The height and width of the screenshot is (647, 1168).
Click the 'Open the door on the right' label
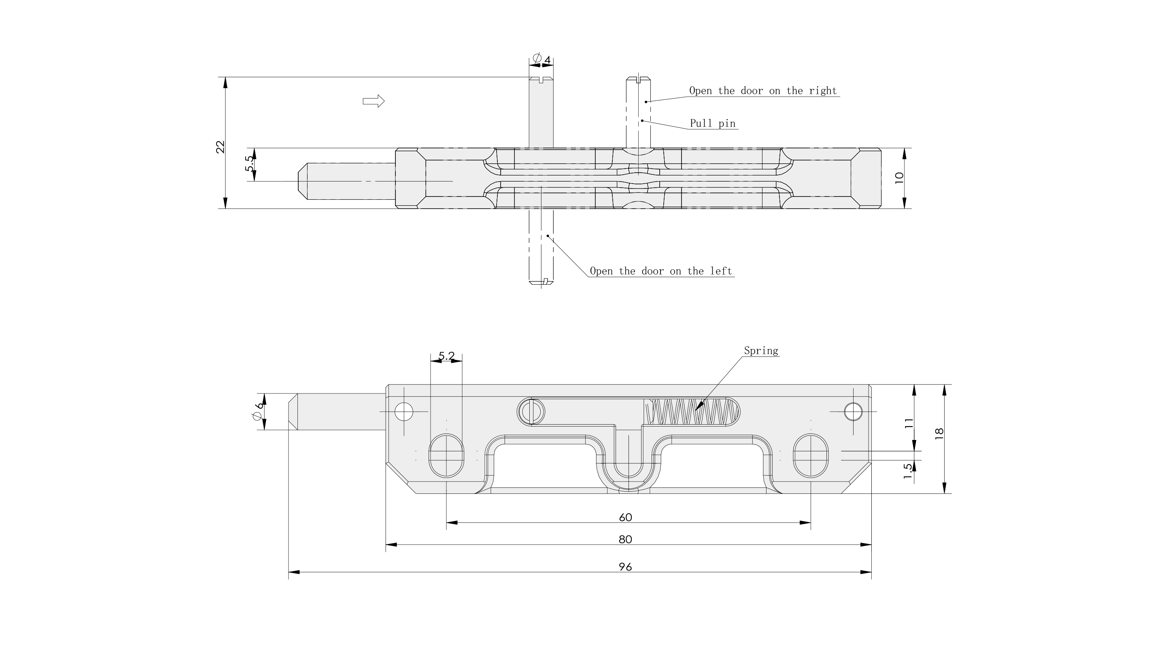pos(762,91)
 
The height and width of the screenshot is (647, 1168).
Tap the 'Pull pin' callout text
pos(712,123)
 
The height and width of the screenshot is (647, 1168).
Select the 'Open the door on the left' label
pos(660,271)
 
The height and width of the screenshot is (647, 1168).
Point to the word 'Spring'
pos(761,351)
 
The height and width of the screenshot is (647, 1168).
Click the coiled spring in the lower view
pos(692,412)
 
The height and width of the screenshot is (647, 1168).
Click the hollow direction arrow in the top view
pos(374,101)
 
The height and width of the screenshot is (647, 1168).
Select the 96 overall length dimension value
pos(625,567)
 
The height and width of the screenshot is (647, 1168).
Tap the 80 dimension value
pos(625,539)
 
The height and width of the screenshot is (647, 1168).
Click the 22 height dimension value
pos(220,147)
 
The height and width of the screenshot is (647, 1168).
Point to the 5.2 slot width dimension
pos(446,356)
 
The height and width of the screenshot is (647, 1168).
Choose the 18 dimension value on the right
pos(939,432)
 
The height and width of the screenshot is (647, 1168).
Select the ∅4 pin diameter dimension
pos(542,59)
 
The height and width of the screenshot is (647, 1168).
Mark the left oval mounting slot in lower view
pos(446,455)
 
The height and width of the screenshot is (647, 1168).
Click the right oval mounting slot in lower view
pos(811,455)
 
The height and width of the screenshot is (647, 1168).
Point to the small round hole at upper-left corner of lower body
pos(403,412)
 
